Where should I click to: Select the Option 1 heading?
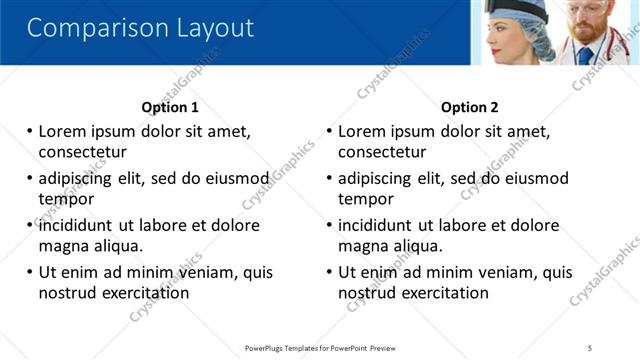pyautogui.click(x=170, y=107)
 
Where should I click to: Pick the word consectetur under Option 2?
pyautogui.click(x=382, y=152)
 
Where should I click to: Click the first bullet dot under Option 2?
pyautogui.click(x=329, y=131)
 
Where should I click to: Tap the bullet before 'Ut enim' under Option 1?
pyautogui.click(x=29, y=272)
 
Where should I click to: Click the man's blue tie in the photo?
pyautogui.click(x=585, y=54)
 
